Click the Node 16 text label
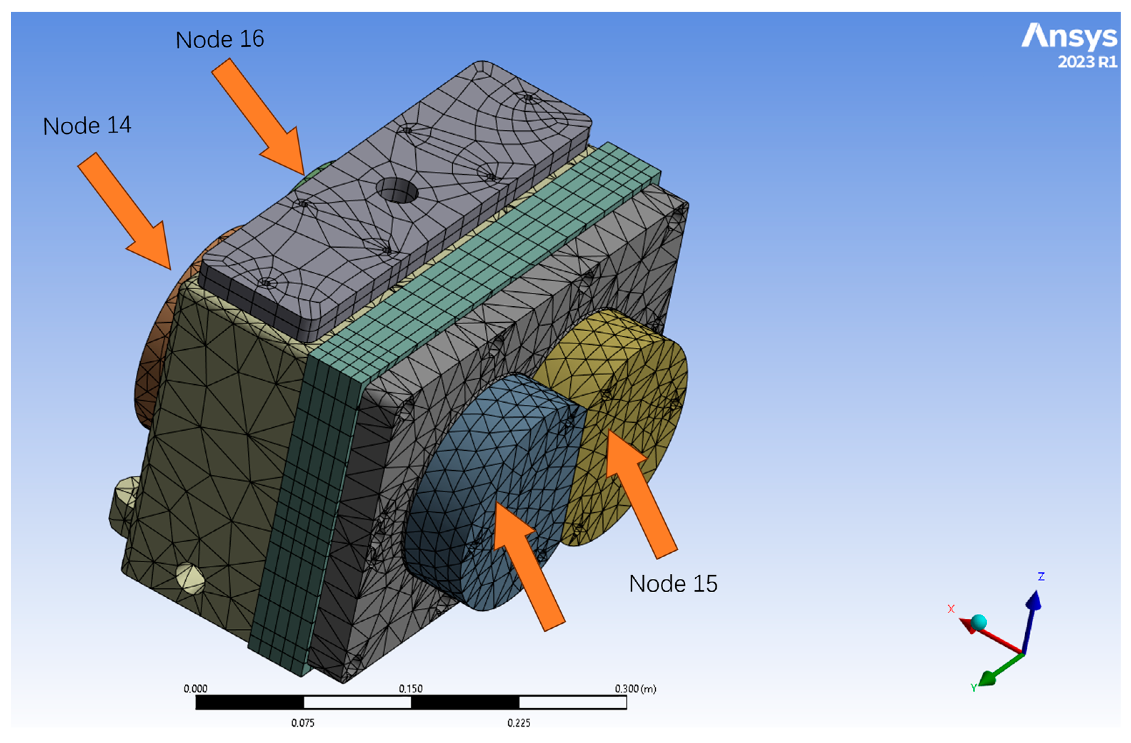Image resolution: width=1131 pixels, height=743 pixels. pos(220,39)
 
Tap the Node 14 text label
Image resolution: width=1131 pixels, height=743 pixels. pos(87,126)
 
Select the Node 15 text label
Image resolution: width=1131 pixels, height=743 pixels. pos(673,584)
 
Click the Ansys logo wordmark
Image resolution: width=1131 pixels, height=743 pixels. pos(1069,36)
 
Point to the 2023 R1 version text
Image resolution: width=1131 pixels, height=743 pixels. pos(1087,62)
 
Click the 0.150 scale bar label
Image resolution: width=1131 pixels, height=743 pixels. pos(411,689)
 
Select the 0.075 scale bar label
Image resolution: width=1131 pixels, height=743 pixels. pos(303,723)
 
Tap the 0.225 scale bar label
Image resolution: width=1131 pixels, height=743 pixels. pos(519,723)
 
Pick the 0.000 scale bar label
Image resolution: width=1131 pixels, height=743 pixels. pos(195,689)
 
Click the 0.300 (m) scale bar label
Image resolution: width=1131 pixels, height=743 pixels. pos(635,689)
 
